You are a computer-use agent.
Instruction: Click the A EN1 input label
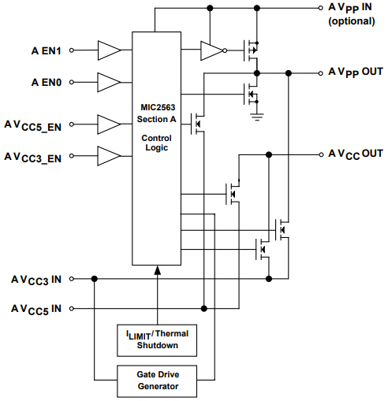(x=45, y=51)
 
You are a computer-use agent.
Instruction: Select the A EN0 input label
(x=45, y=81)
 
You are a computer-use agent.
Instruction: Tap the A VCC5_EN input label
(x=33, y=124)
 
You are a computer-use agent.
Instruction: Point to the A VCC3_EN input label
(x=33, y=156)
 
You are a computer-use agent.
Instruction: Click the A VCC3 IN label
(x=35, y=279)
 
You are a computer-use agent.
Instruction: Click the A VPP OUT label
(x=355, y=72)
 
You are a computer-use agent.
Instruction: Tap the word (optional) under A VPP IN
(x=352, y=20)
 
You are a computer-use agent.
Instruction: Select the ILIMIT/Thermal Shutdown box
(x=156, y=339)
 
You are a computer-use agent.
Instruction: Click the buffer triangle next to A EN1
(x=109, y=50)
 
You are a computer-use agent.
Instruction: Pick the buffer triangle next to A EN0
(x=109, y=81)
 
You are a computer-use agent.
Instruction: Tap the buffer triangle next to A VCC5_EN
(x=109, y=124)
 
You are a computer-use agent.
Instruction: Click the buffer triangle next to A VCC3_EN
(x=109, y=155)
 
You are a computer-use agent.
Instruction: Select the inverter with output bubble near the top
(x=213, y=51)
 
